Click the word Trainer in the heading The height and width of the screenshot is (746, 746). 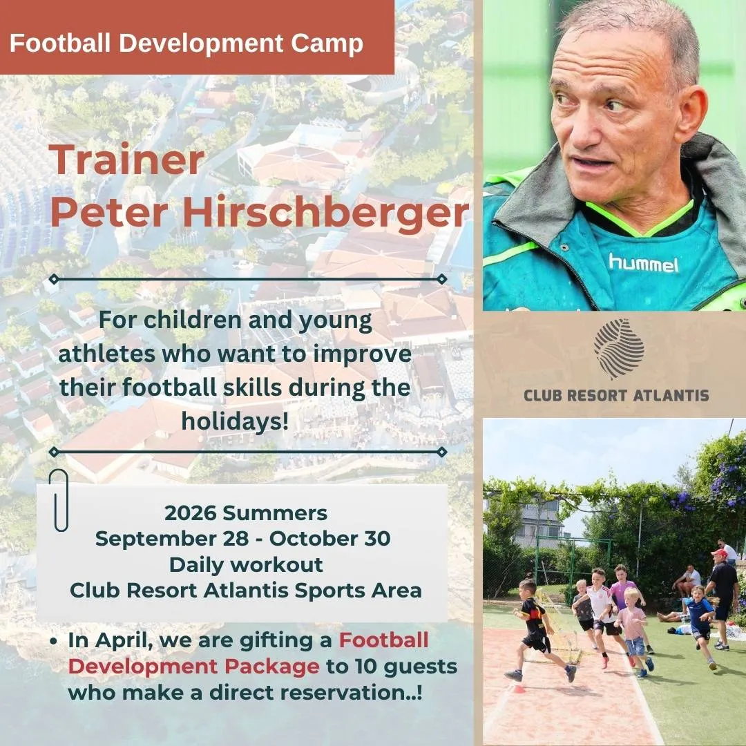(126, 160)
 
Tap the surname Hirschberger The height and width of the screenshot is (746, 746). (326, 213)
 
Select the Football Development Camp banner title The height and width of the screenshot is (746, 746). (186, 43)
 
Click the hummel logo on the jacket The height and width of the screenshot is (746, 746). (643, 263)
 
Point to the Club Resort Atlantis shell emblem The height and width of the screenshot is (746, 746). (618, 347)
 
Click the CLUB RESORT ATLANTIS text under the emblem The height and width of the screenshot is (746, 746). (616, 395)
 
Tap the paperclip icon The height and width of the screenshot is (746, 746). (59, 499)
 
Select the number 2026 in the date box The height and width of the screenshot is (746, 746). (190, 513)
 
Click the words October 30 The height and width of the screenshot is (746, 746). (329, 539)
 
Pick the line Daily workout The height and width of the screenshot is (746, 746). (246, 565)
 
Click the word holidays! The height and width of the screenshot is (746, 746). (235, 421)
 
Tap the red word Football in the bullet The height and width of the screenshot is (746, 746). (383, 640)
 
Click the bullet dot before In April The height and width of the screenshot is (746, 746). (53, 641)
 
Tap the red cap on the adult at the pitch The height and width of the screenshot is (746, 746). (719, 553)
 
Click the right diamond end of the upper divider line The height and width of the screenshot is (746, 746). (441, 279)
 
